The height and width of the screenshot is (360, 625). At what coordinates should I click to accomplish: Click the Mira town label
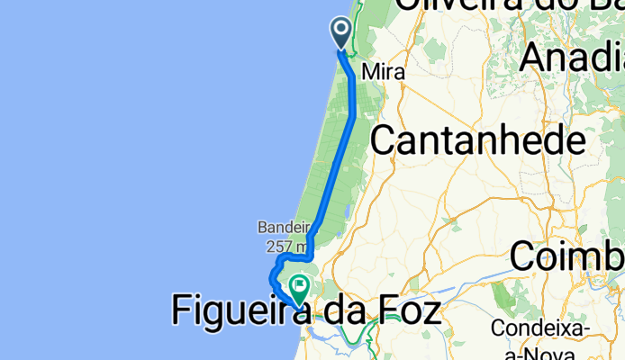coord(383,71)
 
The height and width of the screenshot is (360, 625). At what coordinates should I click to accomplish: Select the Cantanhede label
coord(477,140)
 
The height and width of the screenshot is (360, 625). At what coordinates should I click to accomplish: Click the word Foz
coord(404,311)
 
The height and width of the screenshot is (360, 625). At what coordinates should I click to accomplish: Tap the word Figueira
coord(239,311)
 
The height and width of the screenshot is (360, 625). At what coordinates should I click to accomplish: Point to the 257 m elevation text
coord(287,246)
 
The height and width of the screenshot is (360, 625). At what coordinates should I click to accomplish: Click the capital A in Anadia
coord(537,58)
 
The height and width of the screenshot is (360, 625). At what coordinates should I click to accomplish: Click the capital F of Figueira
coord(180,311)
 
